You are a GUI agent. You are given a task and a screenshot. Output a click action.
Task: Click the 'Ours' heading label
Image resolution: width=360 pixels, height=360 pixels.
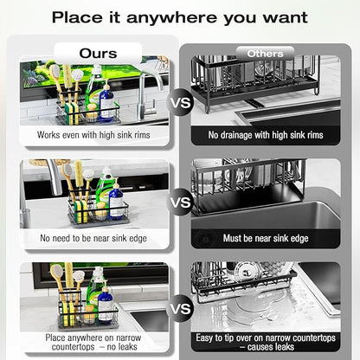coord(98,54)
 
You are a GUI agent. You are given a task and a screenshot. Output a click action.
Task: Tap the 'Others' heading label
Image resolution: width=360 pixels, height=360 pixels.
coord(265,54)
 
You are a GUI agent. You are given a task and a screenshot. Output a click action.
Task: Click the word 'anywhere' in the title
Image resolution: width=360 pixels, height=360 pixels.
coord(171,18)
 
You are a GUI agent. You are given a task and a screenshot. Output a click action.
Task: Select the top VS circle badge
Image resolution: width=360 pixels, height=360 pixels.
coord(181,103)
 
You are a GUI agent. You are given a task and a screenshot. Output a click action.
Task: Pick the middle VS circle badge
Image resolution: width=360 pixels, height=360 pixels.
coord(181,202)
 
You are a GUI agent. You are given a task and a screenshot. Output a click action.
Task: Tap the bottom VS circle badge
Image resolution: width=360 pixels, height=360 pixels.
coord(181,309)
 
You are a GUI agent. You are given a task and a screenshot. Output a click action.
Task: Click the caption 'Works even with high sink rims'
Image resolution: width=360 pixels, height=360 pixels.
coord(93,135)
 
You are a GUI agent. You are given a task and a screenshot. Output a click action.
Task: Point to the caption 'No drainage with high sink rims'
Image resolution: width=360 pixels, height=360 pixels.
coord(266,135)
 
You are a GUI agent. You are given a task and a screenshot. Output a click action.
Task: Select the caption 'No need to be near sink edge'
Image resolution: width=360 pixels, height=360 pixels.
coord(93,238)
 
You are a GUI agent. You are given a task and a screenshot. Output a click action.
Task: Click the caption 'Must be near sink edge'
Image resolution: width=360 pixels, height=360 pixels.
coord(266,238)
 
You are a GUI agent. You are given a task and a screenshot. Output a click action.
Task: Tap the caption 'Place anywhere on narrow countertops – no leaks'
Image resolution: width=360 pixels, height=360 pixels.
coord(93,342)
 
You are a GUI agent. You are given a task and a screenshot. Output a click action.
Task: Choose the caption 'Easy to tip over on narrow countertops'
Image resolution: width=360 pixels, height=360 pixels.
coord(266,337)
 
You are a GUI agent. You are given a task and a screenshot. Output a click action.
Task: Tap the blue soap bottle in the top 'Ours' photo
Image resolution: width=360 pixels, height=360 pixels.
coord(106,102)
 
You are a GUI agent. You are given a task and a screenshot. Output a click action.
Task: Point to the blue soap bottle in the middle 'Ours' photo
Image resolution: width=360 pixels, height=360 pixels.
coord(117,201)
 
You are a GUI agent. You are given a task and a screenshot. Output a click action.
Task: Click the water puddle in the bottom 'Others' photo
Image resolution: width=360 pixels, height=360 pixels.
coord(260,305)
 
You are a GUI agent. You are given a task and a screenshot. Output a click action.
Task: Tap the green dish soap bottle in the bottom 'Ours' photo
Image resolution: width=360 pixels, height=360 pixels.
coord(94,292)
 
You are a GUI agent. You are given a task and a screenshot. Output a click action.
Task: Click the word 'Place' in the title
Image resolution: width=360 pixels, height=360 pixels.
coord(77,17)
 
